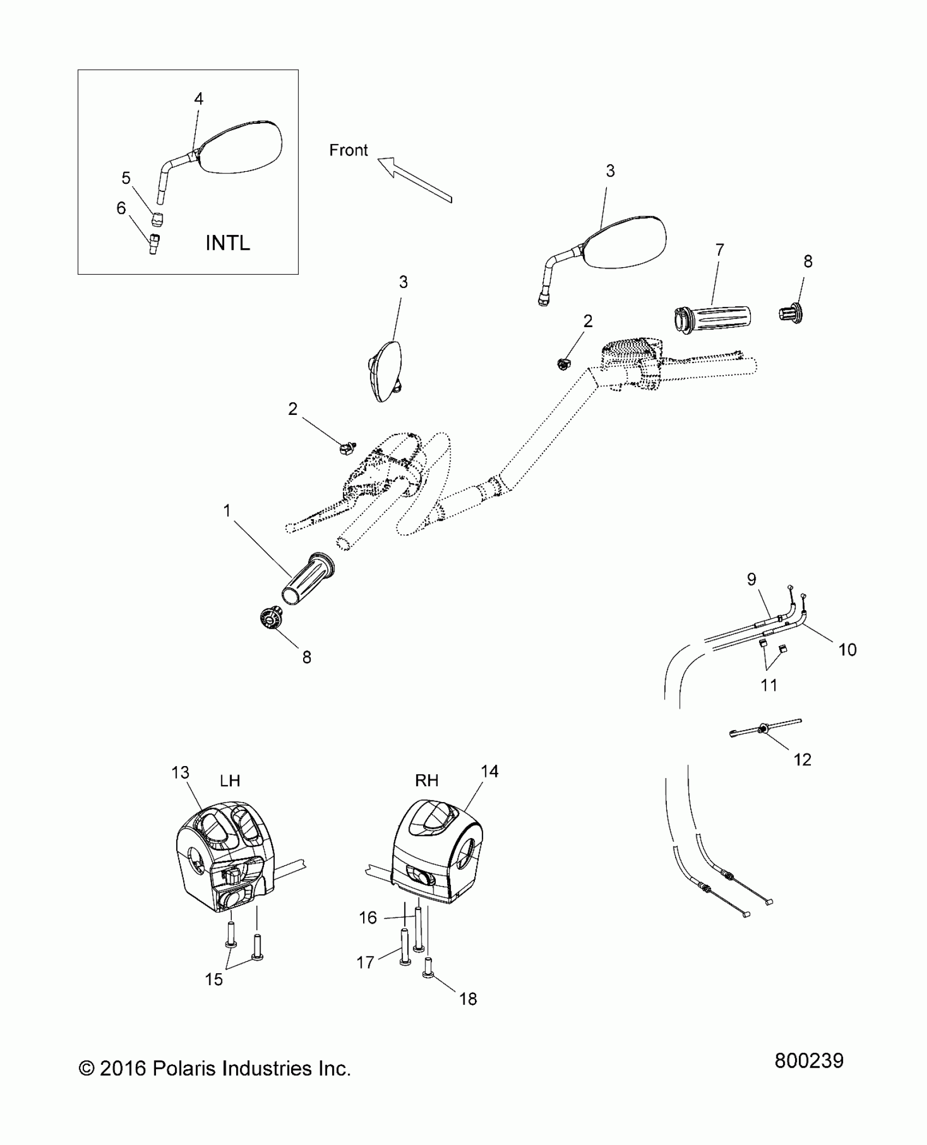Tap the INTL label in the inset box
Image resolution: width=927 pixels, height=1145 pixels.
[227, 243]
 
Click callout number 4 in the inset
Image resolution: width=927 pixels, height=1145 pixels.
[198, 99]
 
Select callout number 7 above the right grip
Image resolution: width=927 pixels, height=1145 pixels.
[720, 250]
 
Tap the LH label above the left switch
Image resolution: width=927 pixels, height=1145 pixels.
[230, 781]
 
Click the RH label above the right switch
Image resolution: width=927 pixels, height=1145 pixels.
[426, 780]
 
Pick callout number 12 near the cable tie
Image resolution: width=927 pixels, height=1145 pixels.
[802, 760]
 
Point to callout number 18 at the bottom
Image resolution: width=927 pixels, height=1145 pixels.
[468, 999]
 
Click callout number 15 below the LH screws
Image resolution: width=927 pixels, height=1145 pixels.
[214, 979]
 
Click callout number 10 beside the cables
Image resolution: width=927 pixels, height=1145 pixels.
[847, 649]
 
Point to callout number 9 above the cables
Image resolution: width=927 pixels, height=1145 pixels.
[751, 579]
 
